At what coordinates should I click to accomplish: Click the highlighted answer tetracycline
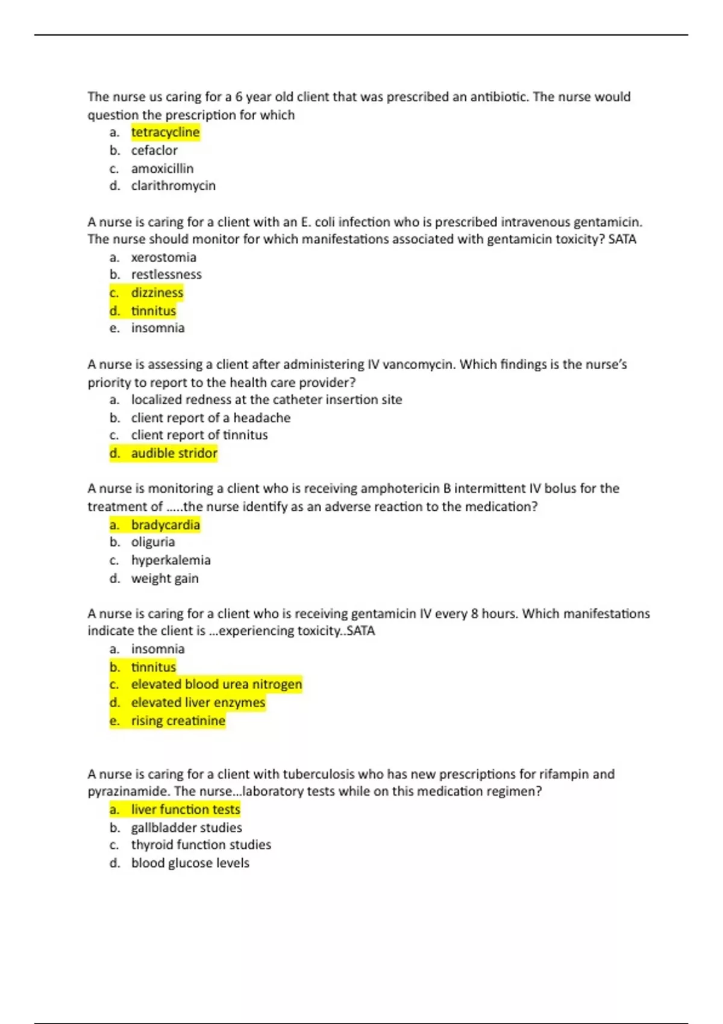[x=165, y=133]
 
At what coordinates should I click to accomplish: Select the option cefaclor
[x=154, y=151]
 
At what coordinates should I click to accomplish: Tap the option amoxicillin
[x=162, y=169]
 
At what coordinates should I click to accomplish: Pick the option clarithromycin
[x=173, y=186]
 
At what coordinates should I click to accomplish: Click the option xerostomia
[x=163, y=258]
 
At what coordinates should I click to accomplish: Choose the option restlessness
[x=166, y=275]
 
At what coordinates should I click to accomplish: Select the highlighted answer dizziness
[x=157, y=293]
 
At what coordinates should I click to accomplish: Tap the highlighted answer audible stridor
[x=174, y=453]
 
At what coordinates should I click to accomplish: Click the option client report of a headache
[x=210, y=418]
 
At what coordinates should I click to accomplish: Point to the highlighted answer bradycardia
[x=165, y=525]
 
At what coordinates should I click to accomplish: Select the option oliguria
[x=153, y=542]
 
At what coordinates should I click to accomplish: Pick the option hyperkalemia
[x=171, y=560]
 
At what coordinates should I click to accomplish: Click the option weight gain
[x=164, y=578]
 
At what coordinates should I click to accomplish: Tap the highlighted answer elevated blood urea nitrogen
[x=216, y=684]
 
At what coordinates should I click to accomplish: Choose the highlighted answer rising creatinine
[x=178, y=721]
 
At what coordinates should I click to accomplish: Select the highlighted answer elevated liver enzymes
[x=198, y=702]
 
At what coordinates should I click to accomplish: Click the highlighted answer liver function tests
[x=186, y=810]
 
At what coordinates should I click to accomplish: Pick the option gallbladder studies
[x=186, y=828]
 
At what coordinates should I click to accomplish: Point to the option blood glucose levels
[x=190, y=863]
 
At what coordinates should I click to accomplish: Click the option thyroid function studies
[x=201, y=845]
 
